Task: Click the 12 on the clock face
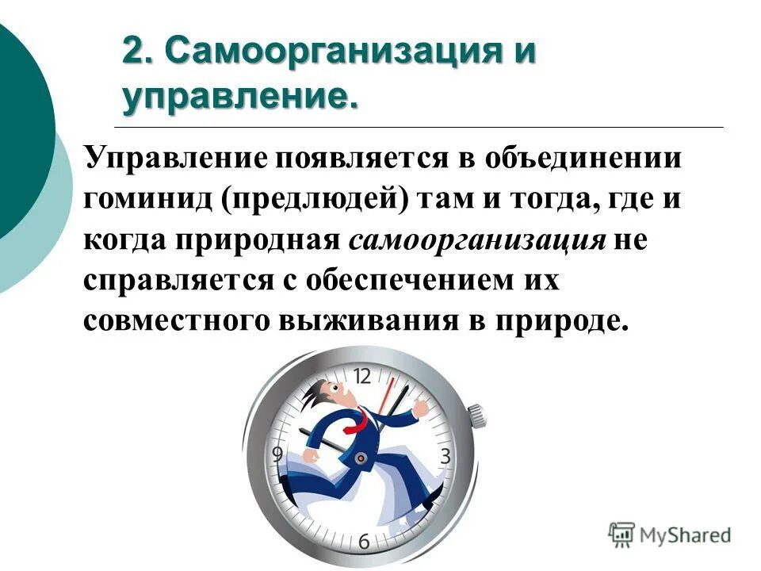click(361, 376)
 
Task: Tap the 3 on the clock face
click(446, 456)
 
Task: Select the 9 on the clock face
click(277, 454)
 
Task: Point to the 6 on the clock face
click(364, 542)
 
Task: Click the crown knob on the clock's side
click(476, 415)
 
